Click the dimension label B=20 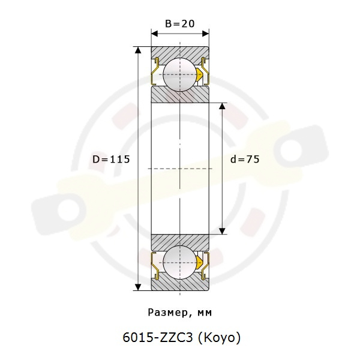(180, 23)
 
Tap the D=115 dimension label (111, 160)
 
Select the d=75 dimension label (245, 159)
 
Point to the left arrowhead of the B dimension (155, 34)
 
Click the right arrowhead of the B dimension (205, 34)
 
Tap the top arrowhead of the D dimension (138, 50)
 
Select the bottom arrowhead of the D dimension (138, 287)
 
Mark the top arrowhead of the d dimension (222, 106)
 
